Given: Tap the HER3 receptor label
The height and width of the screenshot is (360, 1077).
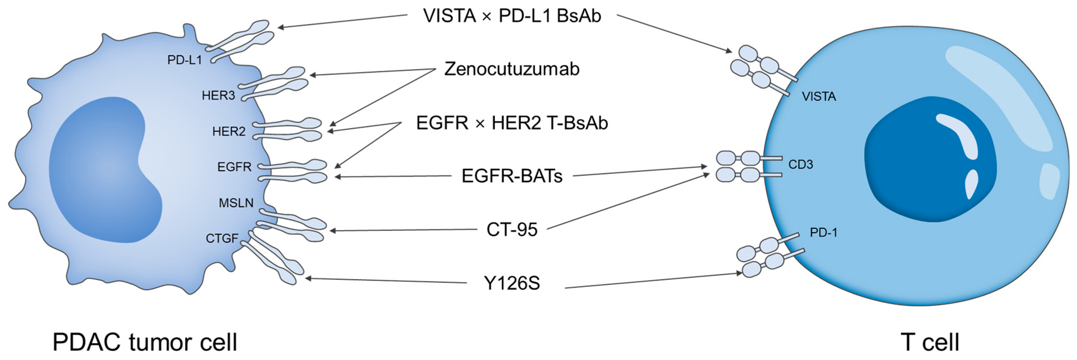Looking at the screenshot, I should [x=218, y=96].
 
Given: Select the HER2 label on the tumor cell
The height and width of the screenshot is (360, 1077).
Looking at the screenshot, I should [x=229, y=132].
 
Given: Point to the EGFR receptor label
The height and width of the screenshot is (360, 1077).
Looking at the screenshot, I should [x=234, y=167].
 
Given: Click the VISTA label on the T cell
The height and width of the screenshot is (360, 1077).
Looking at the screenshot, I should [x=819, y=97].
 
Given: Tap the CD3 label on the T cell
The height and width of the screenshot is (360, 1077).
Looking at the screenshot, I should [x=800, y=165].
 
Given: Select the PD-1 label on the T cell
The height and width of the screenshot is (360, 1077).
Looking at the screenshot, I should [x=823, y=233].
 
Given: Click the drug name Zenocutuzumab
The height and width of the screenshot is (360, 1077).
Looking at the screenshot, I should [x=512, y=69].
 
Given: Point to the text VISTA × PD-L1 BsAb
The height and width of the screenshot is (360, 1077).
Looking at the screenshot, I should [x=512, y=16].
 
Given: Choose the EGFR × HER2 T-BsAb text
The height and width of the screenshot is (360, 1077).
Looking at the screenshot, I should [x=512, y=123].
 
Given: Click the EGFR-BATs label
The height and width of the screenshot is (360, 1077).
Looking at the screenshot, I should [x=512, y=176].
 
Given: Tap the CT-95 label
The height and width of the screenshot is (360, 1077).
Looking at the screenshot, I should [x=512, y=230].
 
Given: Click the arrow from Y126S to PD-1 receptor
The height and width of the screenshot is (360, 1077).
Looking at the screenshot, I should [x=652, y=281].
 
